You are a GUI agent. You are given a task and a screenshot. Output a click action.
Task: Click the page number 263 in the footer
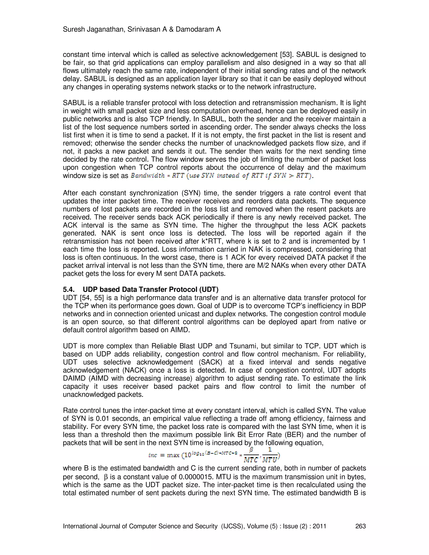tap(360, 526)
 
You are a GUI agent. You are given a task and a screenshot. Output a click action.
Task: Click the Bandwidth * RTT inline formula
tap(221, 176)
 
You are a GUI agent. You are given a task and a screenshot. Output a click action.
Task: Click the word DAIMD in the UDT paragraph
tap(74, 378)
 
